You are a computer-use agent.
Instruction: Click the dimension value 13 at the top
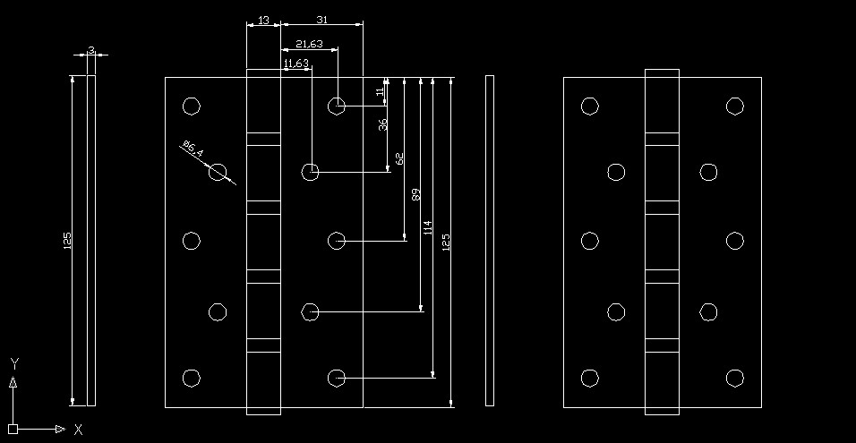point(263,20)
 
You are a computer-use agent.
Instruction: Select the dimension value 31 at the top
point(321,20)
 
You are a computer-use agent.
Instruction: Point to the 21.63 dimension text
point(309,44)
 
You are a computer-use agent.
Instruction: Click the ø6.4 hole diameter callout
point(193,149)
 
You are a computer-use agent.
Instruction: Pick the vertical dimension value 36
point(383,124)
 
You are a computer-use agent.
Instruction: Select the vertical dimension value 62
point(399,158)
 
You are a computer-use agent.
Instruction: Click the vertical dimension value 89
point(415,194)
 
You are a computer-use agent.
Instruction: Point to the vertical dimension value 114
point(428,227)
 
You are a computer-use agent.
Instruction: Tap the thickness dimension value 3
point(90,50)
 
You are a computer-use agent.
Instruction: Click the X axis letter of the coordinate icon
point(79,430)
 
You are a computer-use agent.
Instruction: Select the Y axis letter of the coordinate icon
point(14,362)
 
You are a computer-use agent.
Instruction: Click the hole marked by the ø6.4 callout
point(218,173)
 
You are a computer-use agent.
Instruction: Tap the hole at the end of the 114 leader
point(337,378)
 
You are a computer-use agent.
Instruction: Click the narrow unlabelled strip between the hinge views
point(490,241)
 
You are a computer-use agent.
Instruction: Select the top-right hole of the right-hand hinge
point(735,106)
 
